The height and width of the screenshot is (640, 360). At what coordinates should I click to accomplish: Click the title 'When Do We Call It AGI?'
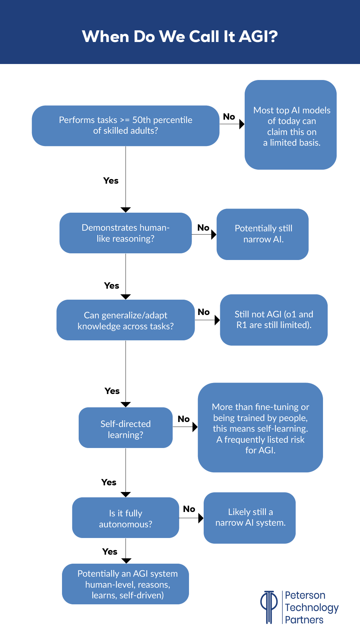point(180,36)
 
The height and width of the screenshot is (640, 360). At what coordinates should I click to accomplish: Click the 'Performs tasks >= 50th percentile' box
point(125,126)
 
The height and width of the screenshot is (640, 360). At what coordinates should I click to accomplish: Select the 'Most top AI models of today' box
point(290,125)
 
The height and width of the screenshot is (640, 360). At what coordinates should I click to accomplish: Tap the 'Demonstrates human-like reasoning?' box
point(125,233)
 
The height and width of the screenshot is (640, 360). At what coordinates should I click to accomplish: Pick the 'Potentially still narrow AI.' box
point(262,234)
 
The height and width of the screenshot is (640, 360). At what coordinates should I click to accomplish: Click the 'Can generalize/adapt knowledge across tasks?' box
point(125,320)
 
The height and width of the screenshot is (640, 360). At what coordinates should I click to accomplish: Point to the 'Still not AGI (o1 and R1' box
point(273,320)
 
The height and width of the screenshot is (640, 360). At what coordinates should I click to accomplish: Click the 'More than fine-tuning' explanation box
point(260,428)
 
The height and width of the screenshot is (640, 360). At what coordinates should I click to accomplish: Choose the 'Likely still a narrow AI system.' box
point(249,518)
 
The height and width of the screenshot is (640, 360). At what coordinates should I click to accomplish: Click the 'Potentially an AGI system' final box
point(125,584)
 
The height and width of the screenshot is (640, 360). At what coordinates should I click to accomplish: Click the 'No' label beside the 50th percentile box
point(229,117)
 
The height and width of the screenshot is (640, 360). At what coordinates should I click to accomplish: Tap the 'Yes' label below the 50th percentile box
point(111,181)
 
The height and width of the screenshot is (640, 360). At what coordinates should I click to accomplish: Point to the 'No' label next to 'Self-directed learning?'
point(184,419)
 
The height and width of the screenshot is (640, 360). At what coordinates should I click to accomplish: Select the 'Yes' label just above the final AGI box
point(110,552)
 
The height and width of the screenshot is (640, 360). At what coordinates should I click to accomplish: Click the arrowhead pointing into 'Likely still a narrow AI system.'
point(201,518)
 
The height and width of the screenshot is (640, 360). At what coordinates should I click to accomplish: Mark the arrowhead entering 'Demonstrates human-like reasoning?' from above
point(126,210)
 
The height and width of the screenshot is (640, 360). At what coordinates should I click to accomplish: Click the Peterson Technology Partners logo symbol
point(269,607)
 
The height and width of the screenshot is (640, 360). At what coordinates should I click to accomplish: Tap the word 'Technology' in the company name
point(312,608)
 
